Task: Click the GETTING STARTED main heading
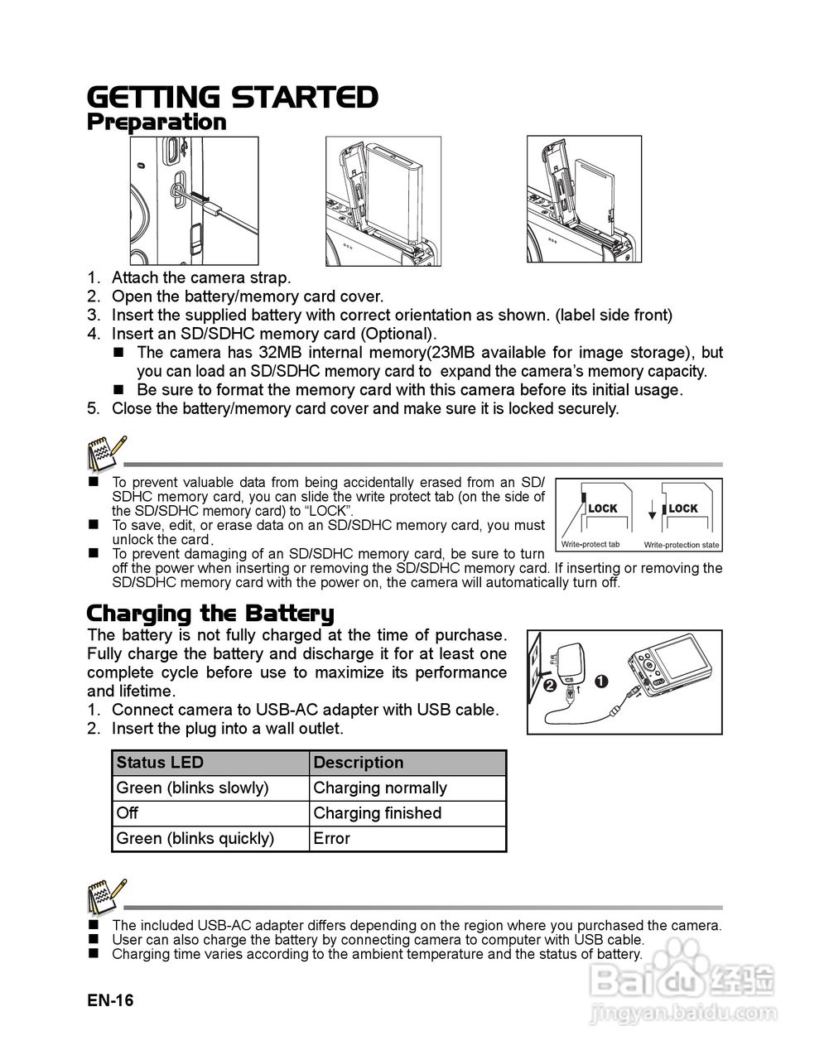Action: [x=233, y=97]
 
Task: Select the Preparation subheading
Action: [x=157, y=123]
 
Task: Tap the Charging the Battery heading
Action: [x=210, y=614]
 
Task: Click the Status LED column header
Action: [x=160, y=763]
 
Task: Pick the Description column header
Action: [x=359, y=763]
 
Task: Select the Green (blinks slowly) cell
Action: [x=193, y=788]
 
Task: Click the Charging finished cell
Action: [x=378, y=813]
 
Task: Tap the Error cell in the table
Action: [x=332, y=838]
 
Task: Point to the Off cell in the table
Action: [x=128, y=813]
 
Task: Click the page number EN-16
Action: [x=110, y=1000]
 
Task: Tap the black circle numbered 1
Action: [x=601, y=682]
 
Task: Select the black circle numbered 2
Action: [x=549, y=685]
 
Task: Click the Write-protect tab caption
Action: [x=590, y=544]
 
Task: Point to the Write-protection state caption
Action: [x=682, y=545]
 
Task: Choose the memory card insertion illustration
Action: [x=585, y=200]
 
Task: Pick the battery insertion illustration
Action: [x=383, y=200]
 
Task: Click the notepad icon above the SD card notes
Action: [x=106, y=452]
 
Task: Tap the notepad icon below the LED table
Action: [x=106, y=896]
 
